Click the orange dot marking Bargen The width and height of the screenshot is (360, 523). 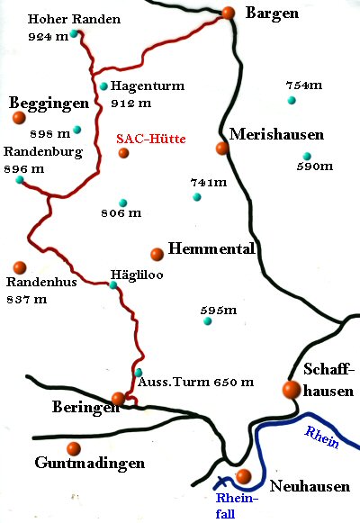229,13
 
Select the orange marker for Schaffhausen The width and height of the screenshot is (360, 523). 291,389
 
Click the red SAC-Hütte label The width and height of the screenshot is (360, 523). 151,139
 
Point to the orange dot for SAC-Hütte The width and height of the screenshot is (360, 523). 123,153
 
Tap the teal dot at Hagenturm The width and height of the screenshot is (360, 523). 104,86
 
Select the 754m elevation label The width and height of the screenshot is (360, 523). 303,85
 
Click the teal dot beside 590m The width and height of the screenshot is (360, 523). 307,156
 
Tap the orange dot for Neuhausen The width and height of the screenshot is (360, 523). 242,476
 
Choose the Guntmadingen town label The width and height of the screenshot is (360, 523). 90,464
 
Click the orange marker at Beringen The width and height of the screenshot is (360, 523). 118,398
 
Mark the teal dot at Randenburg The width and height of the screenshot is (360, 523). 19,180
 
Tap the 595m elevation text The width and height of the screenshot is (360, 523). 219,311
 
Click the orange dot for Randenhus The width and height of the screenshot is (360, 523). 20,266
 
